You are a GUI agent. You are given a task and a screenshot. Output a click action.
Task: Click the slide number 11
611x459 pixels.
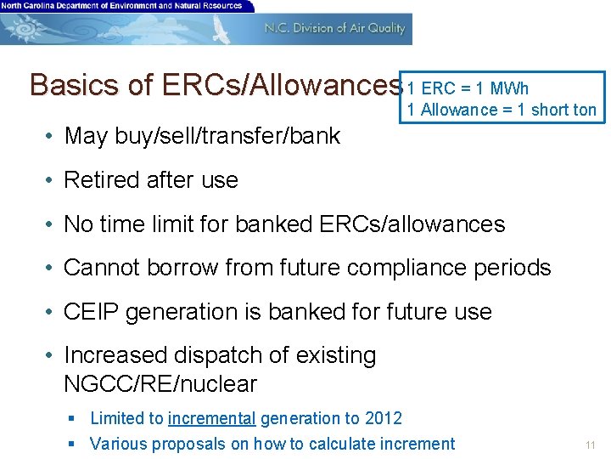point(591,445)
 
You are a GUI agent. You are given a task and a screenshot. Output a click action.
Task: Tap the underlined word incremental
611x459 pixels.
point(212,418)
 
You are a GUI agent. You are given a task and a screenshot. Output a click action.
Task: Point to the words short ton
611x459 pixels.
point(563,110)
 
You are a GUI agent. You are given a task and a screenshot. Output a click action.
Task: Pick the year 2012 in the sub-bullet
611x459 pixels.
point(384,418)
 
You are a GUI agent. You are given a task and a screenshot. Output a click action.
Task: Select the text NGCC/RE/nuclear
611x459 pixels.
point(160,384)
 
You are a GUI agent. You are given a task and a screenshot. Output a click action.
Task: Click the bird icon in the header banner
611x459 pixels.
point(221,29)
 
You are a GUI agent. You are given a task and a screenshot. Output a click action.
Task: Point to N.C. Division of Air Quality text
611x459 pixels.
point(334,28)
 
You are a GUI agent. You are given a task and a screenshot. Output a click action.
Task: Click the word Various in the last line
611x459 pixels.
point(118,444)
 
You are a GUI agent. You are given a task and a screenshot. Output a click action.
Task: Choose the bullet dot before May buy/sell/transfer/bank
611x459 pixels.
point(53,136)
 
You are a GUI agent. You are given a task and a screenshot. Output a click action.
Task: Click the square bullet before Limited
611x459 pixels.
point(74,418)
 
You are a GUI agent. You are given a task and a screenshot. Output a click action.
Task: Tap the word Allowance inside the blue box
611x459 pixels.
point(459,110)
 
